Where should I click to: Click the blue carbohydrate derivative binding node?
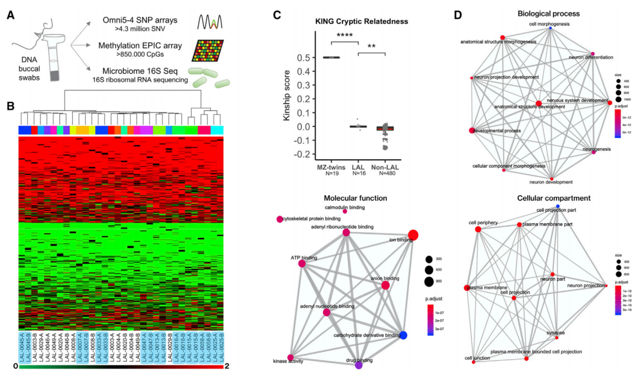pos(404,335)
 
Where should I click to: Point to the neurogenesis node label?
pos(596,149)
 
